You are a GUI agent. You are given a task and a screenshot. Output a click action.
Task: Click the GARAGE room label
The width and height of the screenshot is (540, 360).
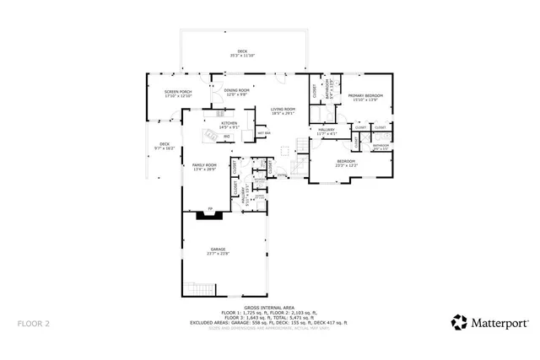pyautogui.click(x=218, y=249)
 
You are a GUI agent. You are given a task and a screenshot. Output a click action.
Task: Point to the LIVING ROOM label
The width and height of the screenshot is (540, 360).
pyautogui.click(x=283, y=109)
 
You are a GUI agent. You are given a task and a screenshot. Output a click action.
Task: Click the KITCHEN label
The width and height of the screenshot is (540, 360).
pyautogui.click(x=229, y=123)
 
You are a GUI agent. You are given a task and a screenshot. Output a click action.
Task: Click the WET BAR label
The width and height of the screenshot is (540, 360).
pyautogui.click(x=263, y=132)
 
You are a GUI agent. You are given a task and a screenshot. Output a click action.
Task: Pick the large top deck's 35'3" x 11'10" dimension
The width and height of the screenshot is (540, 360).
pyautogui.click(x=242, y=56)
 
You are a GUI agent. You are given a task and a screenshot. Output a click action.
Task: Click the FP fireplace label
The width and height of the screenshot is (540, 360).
pyautogui.click(x=210, y=208)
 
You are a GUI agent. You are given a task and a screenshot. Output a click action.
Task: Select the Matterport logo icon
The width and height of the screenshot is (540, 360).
pyautogui.click(x=460, y=322)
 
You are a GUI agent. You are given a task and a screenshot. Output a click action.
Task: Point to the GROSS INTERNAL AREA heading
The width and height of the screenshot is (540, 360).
pyautogui.click(x=269, y=308)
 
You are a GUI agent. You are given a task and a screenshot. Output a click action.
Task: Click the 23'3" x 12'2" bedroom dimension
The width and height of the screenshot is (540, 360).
pyautogui.click(x=347, y=165)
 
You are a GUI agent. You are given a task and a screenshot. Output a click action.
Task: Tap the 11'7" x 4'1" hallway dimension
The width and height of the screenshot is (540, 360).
pyautogui.click(x=327, y=134)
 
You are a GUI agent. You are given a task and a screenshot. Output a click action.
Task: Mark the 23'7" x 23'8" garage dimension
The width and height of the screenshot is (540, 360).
pyautogui.click(x=218, y=253)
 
